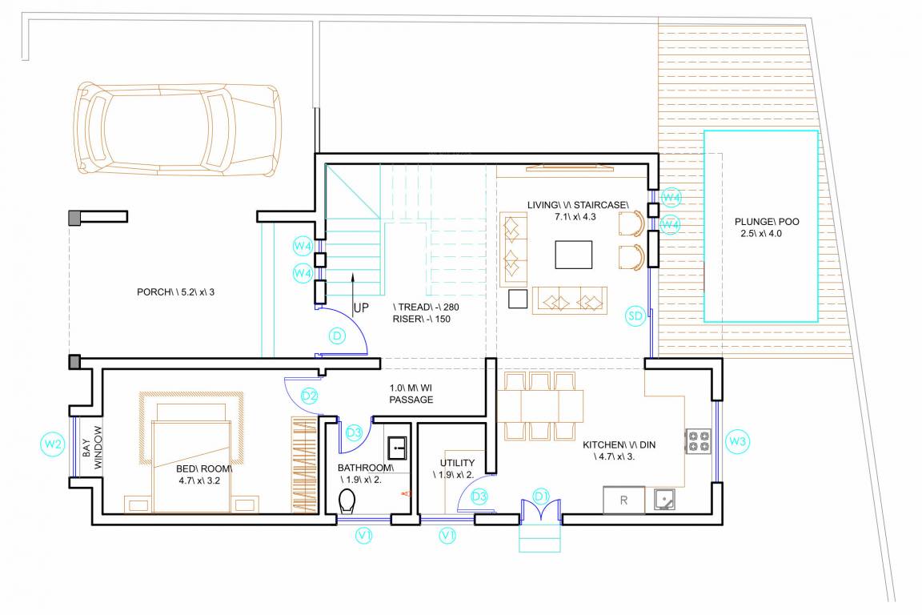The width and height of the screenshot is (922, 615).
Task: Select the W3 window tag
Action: pyautogui.click(x=738, y=440)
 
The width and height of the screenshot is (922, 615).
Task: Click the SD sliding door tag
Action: pyautogui.click(x=635, y=316)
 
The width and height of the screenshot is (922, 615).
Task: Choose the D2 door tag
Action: pyautogui.click(x=310, y=396)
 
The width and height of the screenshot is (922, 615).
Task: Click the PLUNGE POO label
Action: pyautogui.click(x=760, y=223)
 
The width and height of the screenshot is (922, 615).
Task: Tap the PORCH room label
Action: pyautogui.click(x=175, y=291)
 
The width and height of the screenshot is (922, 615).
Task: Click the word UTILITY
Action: pyautogui.click(x=458, y=463)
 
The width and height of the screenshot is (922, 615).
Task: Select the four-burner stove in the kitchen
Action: pyautogui.click(x=698, y=442)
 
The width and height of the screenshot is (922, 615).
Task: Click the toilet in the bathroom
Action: pyautogui.click(x=347, y=502)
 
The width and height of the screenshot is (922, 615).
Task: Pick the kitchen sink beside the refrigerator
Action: pyautogui.click(x=663, y=500)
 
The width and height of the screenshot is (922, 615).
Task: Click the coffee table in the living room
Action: pyautogui.click(x=574, y=255)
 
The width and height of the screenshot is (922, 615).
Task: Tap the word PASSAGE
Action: pyautogui.click(x=411, y=399)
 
